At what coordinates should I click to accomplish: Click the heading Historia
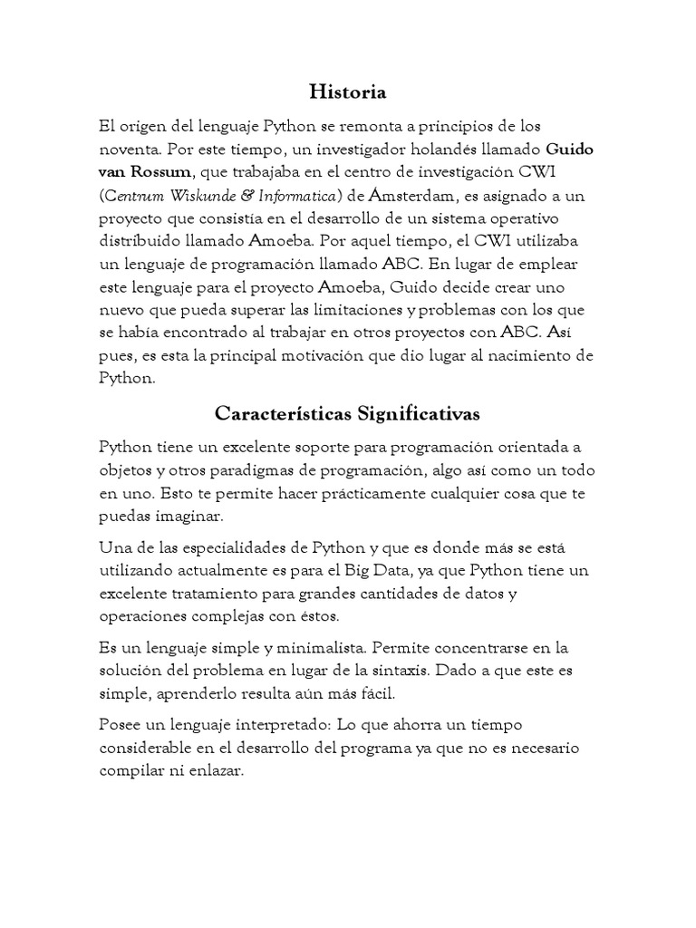[347, 92]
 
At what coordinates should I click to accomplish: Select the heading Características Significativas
[347, 413]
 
